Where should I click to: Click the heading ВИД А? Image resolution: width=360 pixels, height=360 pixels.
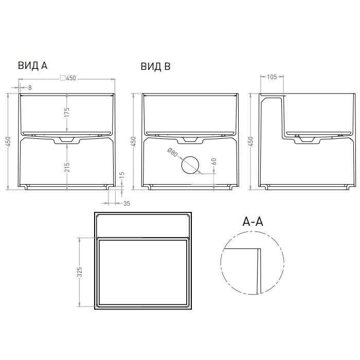[x=32, y=66]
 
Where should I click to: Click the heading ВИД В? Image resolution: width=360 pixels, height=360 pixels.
[x=155, y=66]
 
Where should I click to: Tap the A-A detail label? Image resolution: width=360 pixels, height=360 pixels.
[x=253, y=222]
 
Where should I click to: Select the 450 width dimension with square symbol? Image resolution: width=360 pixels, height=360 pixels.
[x=68, y=78]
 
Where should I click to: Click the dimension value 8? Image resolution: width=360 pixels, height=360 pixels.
[x=30, y=88]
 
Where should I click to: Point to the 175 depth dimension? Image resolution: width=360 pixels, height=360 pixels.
[x=66, y=112]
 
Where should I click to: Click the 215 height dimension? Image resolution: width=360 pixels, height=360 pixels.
[x=66, y=167]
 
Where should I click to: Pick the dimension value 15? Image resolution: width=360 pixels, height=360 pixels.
[x=122, y=175]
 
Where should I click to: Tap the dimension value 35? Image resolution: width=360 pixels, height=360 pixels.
[x=127, y=204]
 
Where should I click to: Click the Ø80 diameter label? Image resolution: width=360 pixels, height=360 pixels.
[x=173, y=153]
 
